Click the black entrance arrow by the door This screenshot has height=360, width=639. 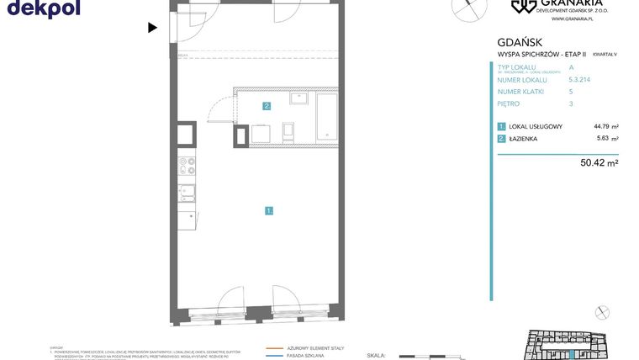pos(152,28)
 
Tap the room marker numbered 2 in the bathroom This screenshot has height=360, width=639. pos(267,106)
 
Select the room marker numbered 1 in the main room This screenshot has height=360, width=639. pos(269,210)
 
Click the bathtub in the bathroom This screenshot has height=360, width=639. pos(326,117)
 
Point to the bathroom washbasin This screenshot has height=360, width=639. pos(298,98)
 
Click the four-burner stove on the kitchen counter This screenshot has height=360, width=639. pos(186,166)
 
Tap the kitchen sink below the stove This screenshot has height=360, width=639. pos(187,193)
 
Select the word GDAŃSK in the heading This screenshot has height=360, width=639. pos(520,42)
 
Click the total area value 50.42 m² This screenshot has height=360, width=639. pos(599,163)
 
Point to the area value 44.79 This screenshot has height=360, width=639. pos(601,126)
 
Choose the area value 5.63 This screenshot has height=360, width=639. pos(603,139)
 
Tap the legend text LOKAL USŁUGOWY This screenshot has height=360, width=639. pos(536,126)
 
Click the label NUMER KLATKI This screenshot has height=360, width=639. pos(520,91)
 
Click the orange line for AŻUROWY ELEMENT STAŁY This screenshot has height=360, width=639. pos(274,347)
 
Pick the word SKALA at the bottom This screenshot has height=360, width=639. pos(377,356)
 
